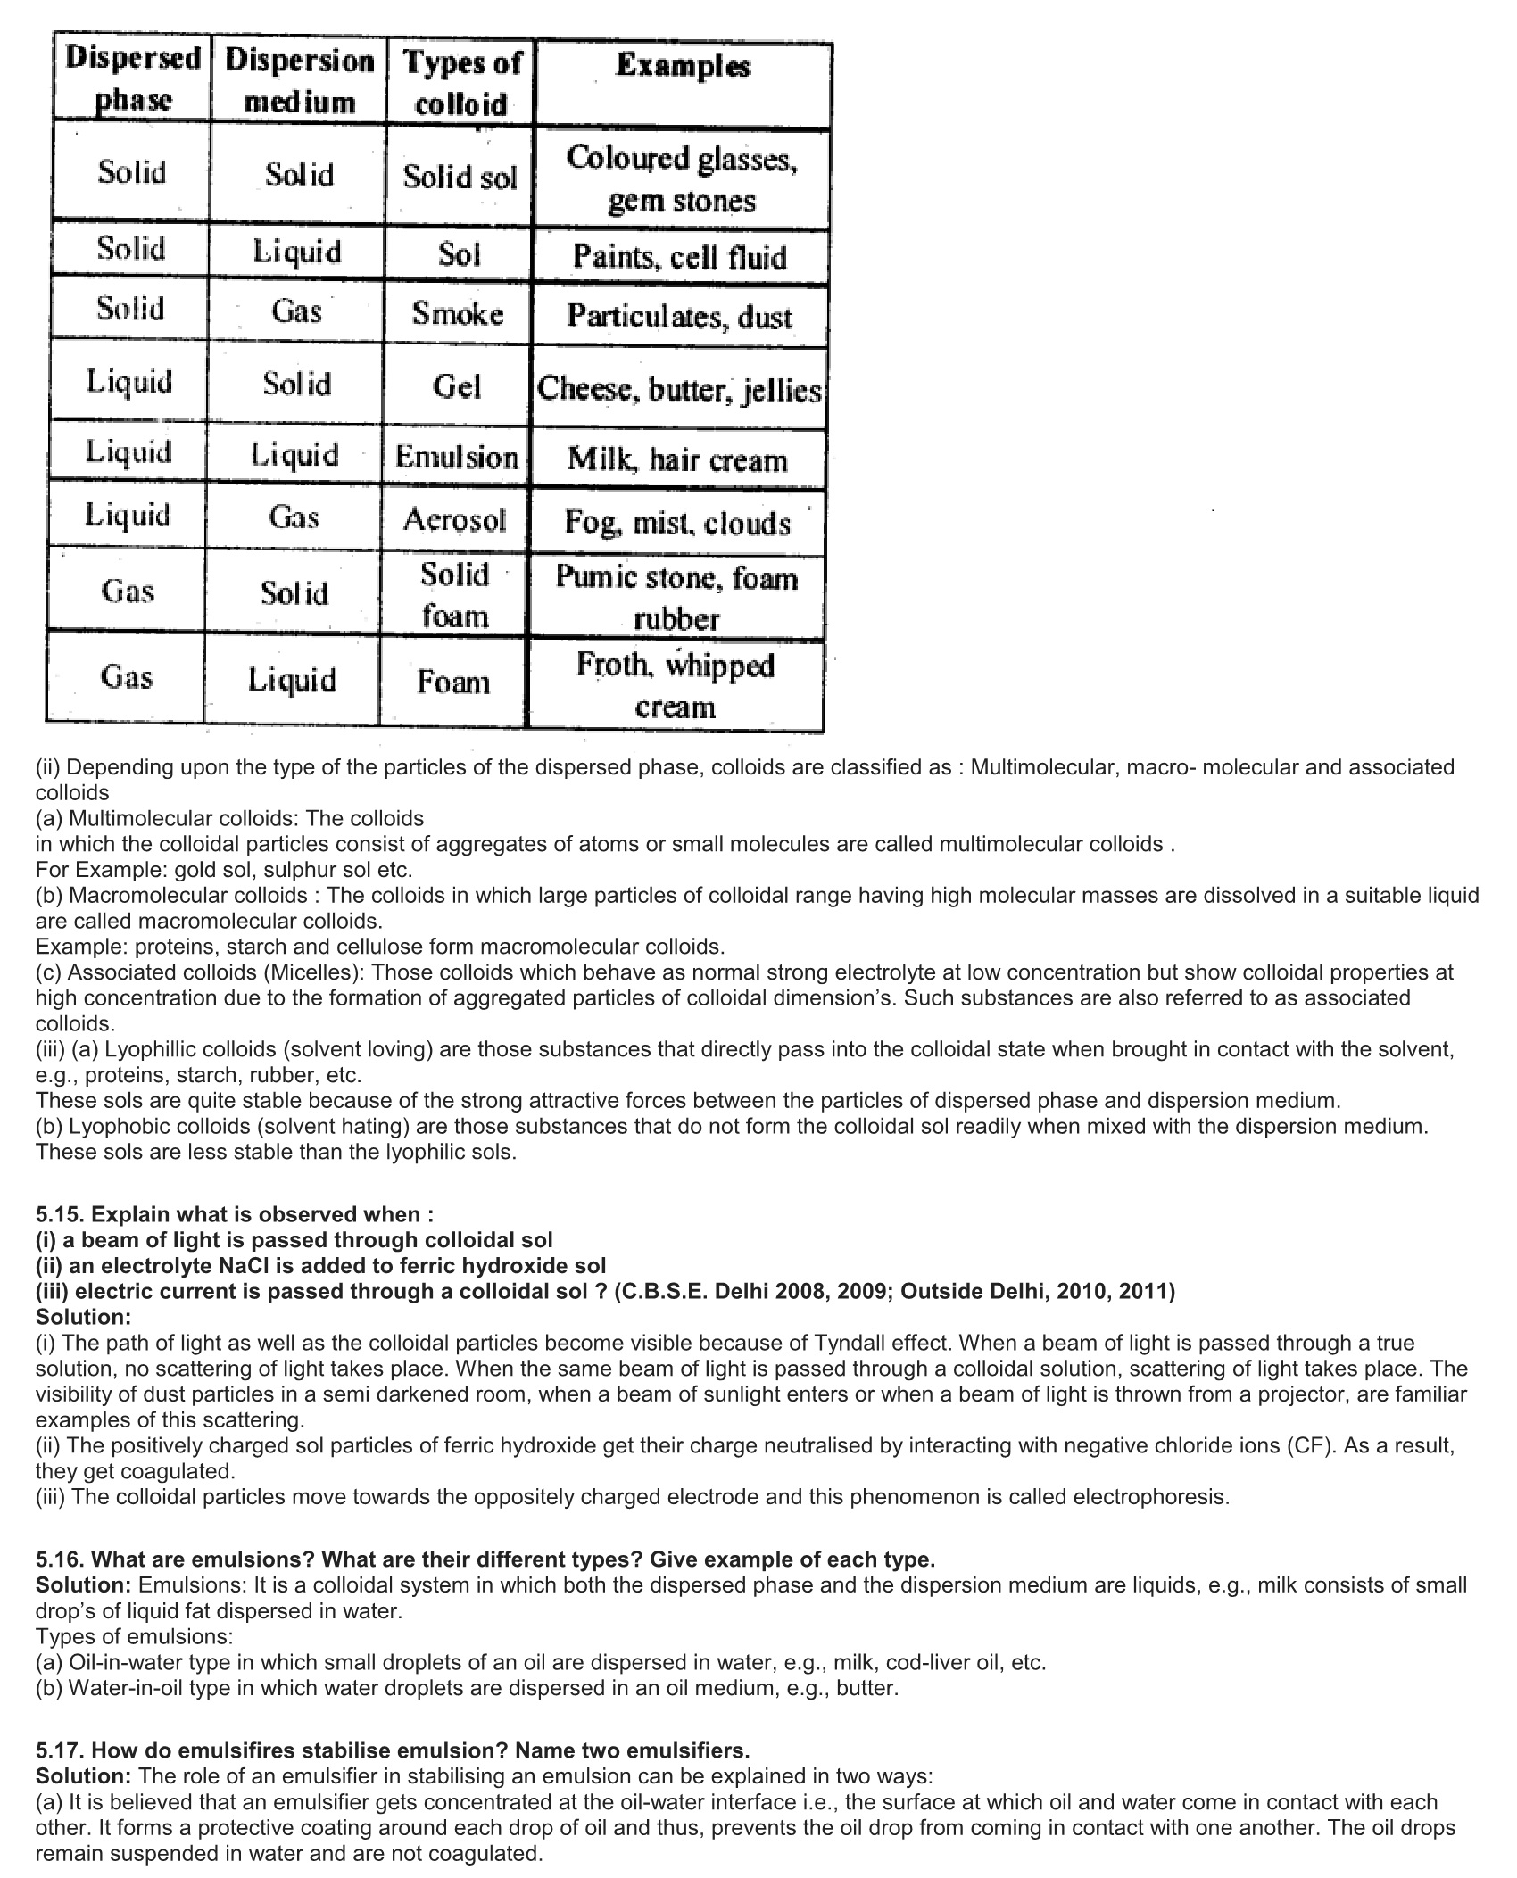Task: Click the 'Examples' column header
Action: point(683,65)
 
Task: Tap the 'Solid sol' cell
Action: point(460,177)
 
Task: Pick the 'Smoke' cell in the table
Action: point(458,313)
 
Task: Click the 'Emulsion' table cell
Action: point(456,458)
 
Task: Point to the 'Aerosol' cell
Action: point(454,519)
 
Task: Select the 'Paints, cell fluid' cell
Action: point(680,257)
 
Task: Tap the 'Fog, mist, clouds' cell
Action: point(677,522)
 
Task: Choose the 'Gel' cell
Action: point(457,387)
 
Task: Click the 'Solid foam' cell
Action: point(454,594)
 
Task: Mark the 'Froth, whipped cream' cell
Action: point(676,685)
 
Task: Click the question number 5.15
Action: point(61,1214)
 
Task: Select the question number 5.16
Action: point(61,1559)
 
